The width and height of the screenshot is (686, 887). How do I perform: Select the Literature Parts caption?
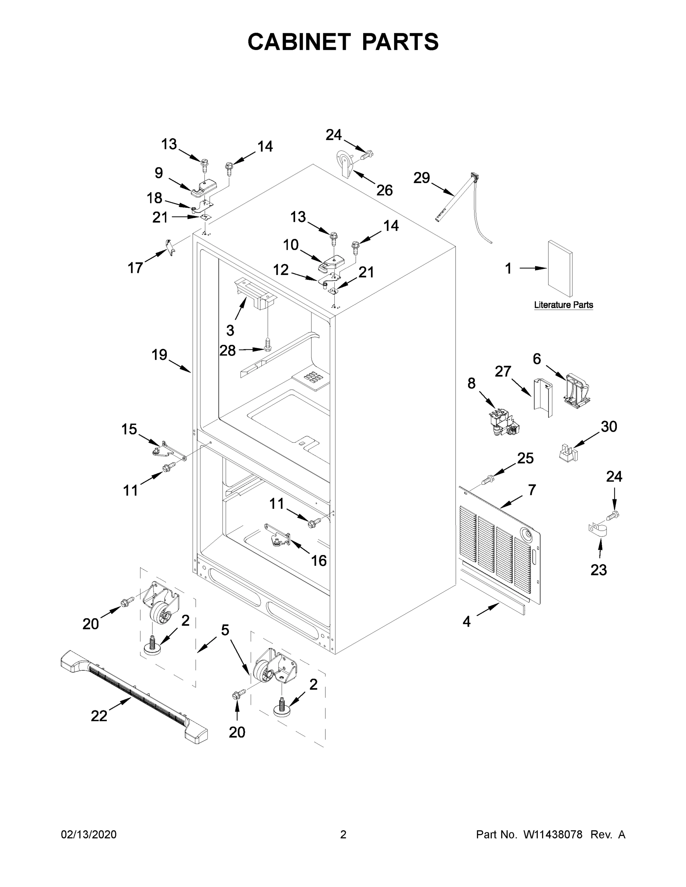click(x=563, y=305)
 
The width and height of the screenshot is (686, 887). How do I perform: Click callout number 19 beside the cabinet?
click(x=159, y=355)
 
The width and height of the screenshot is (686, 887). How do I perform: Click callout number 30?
click(x=609, y=426)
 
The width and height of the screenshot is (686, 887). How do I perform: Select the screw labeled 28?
click(x=267, y=344)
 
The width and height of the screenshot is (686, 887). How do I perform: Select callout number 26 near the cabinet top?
click(x=385, y=190)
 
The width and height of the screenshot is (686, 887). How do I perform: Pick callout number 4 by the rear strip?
click(x=467, y=621)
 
